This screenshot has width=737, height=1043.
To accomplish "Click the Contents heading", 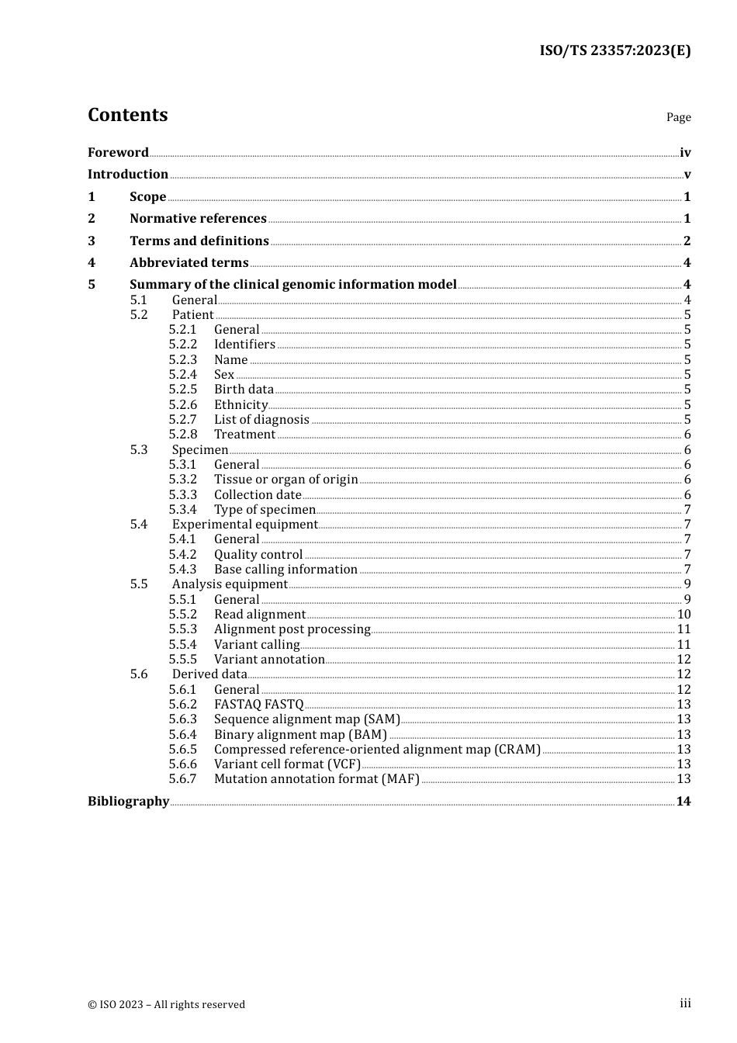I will click(x=127, y=115).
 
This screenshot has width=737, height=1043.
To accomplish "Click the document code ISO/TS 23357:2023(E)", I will click(x=614, y=50).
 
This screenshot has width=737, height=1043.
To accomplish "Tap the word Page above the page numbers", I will click(x=678, y=117).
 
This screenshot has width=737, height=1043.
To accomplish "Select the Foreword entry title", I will click(x=118, y=153).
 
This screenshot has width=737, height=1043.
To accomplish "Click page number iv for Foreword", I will click(x=685, y=153).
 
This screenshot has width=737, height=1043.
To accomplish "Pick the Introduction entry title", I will click(x=128, y=175).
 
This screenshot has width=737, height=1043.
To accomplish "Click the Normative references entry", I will click(x=198, y=219).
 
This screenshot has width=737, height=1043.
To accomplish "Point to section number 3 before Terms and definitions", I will click(x=92, y=241).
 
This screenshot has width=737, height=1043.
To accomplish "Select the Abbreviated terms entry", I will click(x=189, y=263).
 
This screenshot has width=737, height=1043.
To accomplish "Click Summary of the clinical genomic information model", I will click(x=293, y=285).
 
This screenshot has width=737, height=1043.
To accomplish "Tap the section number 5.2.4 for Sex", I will click(x=183, y=375).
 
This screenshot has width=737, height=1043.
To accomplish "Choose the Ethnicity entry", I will click(x=240, y=405).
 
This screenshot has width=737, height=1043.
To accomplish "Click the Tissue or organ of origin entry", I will click(x=285, y=480).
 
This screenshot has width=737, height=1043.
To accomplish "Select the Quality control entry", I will click(x=258, y=555).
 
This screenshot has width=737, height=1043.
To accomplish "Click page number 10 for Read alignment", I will click(x=683, y=615).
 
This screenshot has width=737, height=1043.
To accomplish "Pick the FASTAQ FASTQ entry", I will click(x=259, y=705).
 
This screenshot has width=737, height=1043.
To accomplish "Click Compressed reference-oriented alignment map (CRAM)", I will click(x=377, y=750).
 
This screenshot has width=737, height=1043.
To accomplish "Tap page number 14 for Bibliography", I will click(x=683, y=802).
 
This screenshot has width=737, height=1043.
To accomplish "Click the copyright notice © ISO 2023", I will click(x=166, y=1005).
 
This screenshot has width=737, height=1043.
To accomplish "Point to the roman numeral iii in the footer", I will click(x=685, y=1003).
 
